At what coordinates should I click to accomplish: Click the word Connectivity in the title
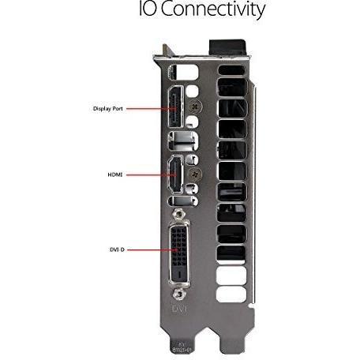(212, 9)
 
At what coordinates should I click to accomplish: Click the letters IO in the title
(148, 9)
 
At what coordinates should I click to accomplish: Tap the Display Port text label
(108, 108)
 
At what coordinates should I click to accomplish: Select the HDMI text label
(115, 174)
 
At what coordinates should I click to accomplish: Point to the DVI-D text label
(117, 249)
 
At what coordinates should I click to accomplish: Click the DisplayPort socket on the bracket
(176, 107)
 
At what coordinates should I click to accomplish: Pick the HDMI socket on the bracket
(175, 174)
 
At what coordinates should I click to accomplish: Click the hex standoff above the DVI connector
(179, 213)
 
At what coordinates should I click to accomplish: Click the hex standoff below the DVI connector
(179, 294)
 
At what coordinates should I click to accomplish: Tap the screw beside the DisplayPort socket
(195, 107)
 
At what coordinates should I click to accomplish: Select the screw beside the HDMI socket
(195, 174)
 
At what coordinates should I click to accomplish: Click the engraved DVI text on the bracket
(179, 309)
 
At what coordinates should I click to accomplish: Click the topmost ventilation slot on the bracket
(231, 70)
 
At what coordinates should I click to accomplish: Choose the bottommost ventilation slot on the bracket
(231, 294)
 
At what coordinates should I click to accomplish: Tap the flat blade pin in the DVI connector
(180, 274)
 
